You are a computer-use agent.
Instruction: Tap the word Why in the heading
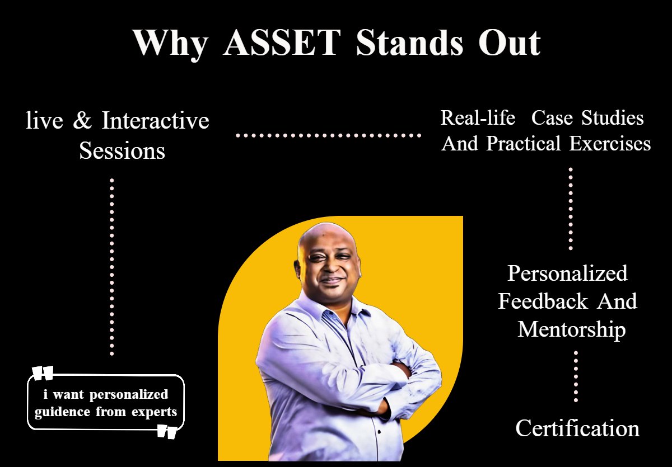170,45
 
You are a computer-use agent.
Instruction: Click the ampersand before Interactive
82,120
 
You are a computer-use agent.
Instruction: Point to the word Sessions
122,150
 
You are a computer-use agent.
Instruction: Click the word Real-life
478,117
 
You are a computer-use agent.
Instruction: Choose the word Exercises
610,143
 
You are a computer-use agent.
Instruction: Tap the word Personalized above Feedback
567,273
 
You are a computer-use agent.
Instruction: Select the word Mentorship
572,330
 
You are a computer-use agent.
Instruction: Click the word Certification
577,428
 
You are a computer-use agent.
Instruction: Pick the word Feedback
543,301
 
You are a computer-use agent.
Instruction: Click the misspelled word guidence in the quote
62,412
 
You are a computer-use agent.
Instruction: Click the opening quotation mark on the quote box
43,373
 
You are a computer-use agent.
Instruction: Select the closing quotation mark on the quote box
167,432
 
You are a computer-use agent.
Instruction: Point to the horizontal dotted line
329,135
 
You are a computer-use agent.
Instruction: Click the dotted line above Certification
576,376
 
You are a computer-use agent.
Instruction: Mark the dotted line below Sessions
112,267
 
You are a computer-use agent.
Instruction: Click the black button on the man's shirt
379,432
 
